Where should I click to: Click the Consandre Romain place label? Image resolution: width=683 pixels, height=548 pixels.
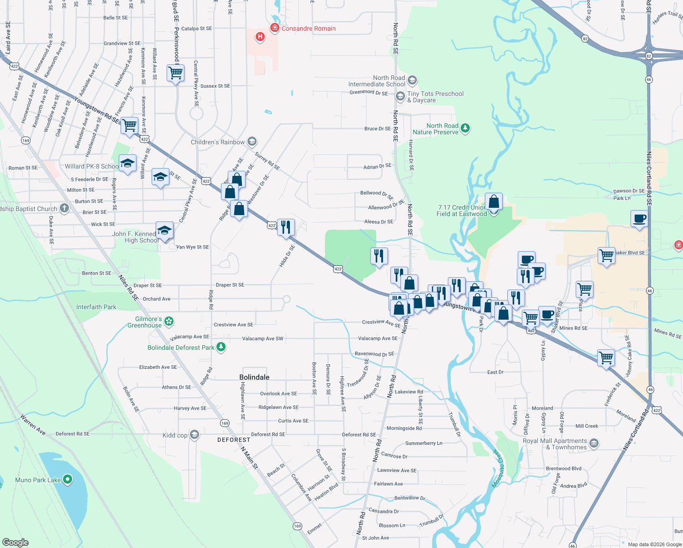[308, 28]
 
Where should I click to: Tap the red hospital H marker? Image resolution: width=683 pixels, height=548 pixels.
[260, 37]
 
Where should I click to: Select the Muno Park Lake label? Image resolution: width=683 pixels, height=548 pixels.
[38, 480]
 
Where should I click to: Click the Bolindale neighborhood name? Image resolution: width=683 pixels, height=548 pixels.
[254, 377]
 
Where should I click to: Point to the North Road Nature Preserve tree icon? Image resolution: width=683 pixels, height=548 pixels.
[465, 128]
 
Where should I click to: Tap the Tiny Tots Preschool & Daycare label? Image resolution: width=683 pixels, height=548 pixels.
[435, 97]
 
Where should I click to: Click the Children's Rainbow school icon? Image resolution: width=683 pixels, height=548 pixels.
[252, 142]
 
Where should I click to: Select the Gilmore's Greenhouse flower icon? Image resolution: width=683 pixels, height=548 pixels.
[169, 321]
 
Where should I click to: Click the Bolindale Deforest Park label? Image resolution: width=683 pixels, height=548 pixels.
[181, 348]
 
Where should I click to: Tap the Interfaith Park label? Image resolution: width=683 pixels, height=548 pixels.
[96, 307]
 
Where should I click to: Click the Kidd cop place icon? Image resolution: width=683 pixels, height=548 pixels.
[194, 434]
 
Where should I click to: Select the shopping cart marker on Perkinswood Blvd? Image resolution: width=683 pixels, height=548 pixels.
[175, 73]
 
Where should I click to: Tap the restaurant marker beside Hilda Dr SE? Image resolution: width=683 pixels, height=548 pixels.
[286, 227]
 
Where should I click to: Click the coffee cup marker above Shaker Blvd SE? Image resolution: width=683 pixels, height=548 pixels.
[639, 219]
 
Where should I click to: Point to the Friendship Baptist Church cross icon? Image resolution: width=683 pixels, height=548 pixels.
[64, 209]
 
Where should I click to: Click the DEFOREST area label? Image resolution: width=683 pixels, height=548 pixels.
[234, 440]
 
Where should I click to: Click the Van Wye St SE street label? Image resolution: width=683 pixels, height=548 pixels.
[192, 247]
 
